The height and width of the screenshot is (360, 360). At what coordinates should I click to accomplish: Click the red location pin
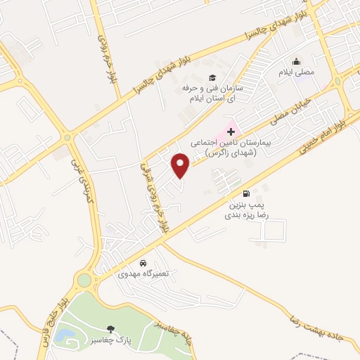coord(181,166)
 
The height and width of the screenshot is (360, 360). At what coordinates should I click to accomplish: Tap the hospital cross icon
coord(231,131)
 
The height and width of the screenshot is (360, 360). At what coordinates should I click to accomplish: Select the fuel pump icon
coord(245,193)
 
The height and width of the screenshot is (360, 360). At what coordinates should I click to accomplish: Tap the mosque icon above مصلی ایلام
coord(296,61)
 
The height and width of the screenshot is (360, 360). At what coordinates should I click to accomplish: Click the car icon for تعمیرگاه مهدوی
coord(143,262)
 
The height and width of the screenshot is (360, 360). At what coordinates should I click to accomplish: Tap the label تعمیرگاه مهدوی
coord(143,273)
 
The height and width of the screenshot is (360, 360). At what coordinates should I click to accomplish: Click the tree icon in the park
coord(110,328)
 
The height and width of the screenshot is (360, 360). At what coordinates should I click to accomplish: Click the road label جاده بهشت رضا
coord(323,330)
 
